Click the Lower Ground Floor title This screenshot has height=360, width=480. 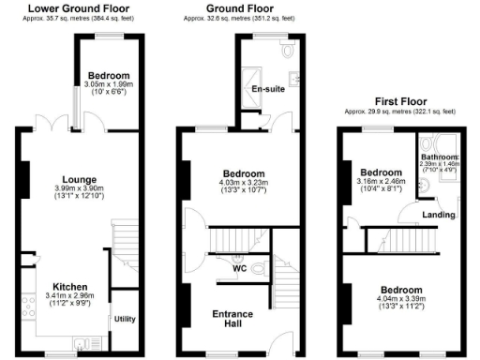click(x=79, y=8)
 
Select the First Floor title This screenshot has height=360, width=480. click(x=398, y=99)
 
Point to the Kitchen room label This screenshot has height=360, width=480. click(x=71, y=287)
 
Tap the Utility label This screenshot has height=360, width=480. click(x=125, y=319)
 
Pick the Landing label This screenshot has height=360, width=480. click(x=439, y=215)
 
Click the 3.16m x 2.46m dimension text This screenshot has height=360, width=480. click(x=382, y=185)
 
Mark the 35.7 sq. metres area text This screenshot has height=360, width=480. click(x=79, y=18)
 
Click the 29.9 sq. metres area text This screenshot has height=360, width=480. click(x=398, y=110)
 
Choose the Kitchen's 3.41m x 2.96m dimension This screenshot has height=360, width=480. click(x=71, y=297)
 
